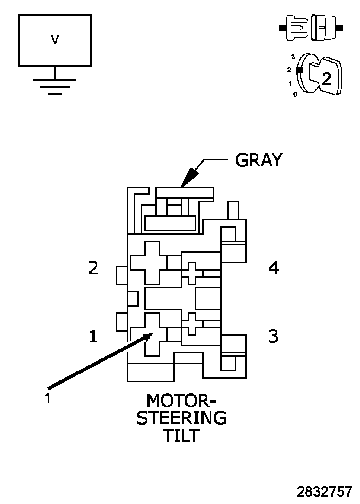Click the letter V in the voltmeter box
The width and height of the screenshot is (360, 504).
[54, 40]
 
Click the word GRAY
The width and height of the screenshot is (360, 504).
[258, 160]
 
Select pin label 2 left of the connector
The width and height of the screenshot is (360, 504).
[93, 268]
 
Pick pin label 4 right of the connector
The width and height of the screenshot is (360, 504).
[274, 268]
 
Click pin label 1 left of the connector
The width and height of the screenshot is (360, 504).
[93, 336]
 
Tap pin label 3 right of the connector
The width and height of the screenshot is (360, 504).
[274, 336]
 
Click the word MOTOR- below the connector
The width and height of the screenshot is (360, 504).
[181, 401]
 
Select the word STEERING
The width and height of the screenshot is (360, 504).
[182, 418]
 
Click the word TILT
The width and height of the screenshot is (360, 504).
[181, 436]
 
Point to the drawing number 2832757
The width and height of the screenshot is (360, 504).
[324, 492]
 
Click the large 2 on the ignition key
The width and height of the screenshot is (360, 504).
[327, 78]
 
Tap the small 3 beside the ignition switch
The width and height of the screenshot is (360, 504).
[293, 57]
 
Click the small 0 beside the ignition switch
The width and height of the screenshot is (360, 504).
[295, 94]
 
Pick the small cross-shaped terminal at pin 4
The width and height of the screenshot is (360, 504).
[191, 273]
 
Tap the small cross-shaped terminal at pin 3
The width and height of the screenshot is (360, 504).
[191, 323]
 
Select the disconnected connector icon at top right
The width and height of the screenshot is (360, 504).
[311, 28]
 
